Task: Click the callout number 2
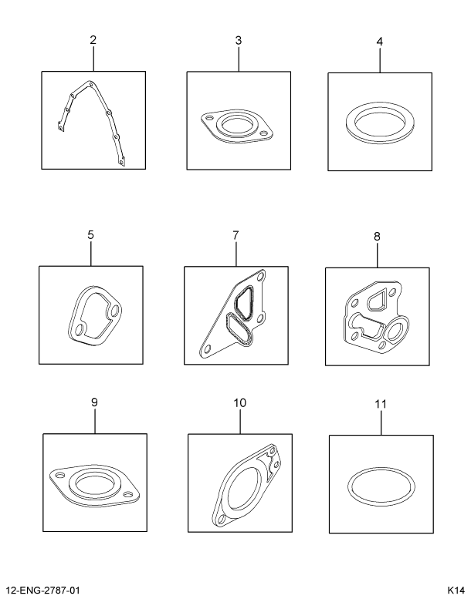point(93,39)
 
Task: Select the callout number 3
point(239,39)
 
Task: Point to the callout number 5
point(90,234)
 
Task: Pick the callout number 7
point(235,234)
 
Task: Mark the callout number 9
point(94,402)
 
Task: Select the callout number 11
point(380,404)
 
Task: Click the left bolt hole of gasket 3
point(208,119)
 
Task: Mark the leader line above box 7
point(235,254)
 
